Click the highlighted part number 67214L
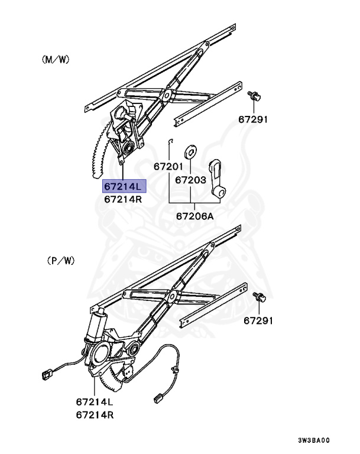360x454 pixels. tap(123, 186)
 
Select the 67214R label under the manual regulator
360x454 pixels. tap(123, 199)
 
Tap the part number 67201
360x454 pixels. tap(168, 167)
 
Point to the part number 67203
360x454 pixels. tap(190, 179)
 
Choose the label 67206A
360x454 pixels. tap(194, 216)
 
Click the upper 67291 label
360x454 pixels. tap(254, 119)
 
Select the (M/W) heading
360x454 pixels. tap(56, 59)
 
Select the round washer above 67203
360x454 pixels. tap(191, 150)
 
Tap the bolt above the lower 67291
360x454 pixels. tap(259, 297)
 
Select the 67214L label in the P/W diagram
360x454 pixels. tap(95, 402)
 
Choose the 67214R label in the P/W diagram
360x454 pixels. tap(95, 415)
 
